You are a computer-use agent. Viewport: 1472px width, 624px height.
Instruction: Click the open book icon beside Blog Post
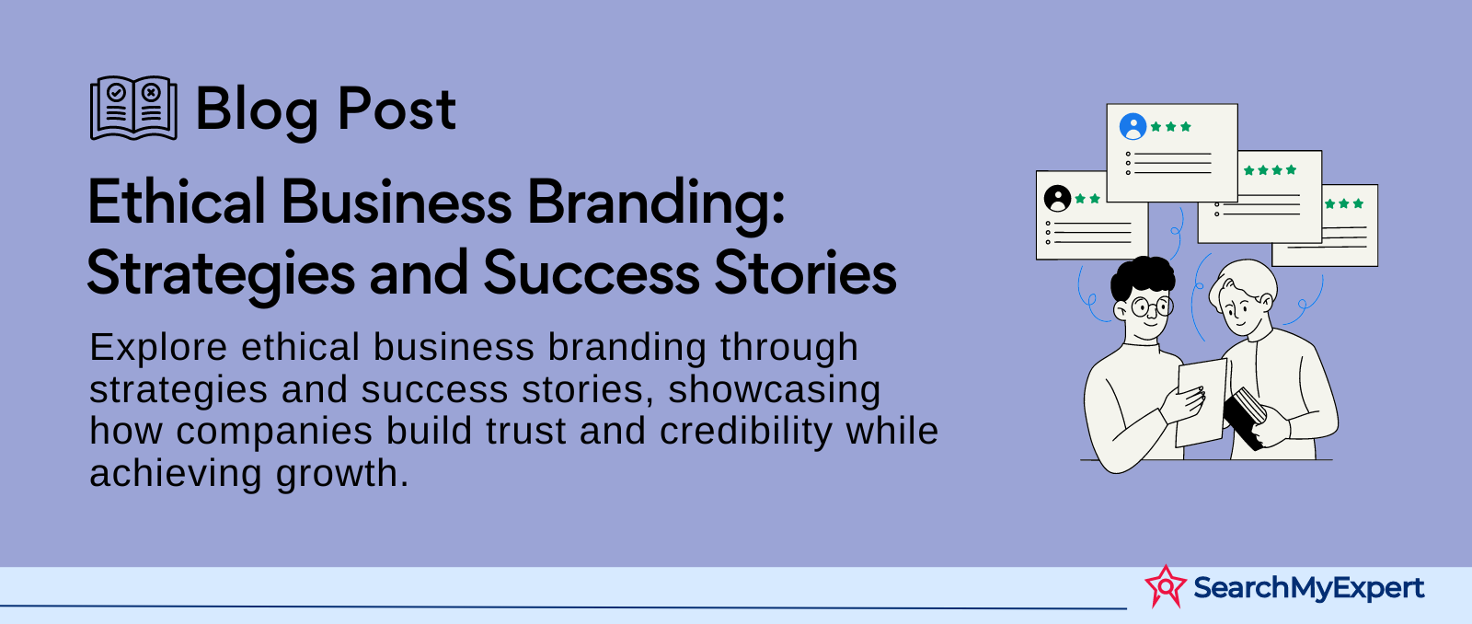[133, 108]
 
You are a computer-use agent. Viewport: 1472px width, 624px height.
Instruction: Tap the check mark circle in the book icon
[116, 92]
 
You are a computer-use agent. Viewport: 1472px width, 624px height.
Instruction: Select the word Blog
[257, 110]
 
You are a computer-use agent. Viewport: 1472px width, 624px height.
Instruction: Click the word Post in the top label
[397, 109]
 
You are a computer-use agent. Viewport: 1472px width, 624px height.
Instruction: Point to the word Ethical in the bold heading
[176, 202]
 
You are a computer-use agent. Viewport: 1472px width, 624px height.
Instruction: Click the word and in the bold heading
[419, 272]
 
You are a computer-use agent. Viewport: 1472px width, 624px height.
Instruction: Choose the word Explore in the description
[158, 348]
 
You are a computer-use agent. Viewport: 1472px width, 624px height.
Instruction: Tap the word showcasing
[774, 390]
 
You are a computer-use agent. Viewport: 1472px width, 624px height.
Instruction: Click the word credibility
[746, 433]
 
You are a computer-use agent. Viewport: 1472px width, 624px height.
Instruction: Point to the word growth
[342, 473]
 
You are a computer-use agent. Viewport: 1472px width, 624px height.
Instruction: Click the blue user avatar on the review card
[1133, 126]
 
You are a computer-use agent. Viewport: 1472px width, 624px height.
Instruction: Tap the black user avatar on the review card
[1058, 198]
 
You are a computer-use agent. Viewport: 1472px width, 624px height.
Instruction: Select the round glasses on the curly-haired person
[1151, 306]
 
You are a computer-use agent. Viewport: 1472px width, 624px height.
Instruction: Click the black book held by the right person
[1244, 418]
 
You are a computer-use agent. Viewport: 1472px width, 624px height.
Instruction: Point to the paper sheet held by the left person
[1201, 402]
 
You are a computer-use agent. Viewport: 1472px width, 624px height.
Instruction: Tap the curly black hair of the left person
[1142, 276]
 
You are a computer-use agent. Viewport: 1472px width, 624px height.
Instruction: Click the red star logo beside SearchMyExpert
[1166, 586]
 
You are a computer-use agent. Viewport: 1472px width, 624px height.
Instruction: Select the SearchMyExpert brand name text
[1309, 588]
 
